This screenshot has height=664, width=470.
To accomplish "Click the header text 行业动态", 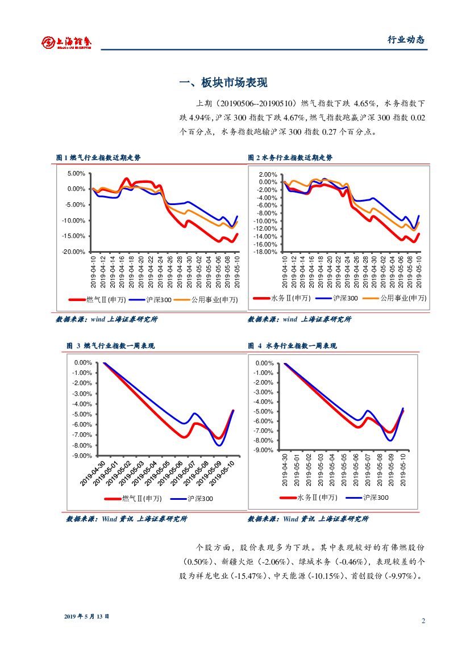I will [x=406, y=40].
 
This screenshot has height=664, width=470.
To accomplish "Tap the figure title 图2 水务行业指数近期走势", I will [x=290, y=157].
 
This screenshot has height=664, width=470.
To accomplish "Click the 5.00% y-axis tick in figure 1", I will [x=76, y=174].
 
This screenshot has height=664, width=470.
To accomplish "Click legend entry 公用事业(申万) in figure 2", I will [x=402, y=298].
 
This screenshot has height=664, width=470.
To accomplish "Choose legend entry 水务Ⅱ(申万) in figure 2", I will [x=290, y=298].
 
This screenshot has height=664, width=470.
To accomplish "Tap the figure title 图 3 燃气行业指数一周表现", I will [x=110, y=345].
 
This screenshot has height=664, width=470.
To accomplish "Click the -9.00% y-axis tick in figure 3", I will [x=82, y=456].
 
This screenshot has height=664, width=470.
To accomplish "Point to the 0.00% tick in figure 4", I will [x=264, y=363].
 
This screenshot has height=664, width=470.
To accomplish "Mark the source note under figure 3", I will [x=126, y=519].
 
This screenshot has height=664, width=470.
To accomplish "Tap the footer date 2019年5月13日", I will [x=86, y=616].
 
